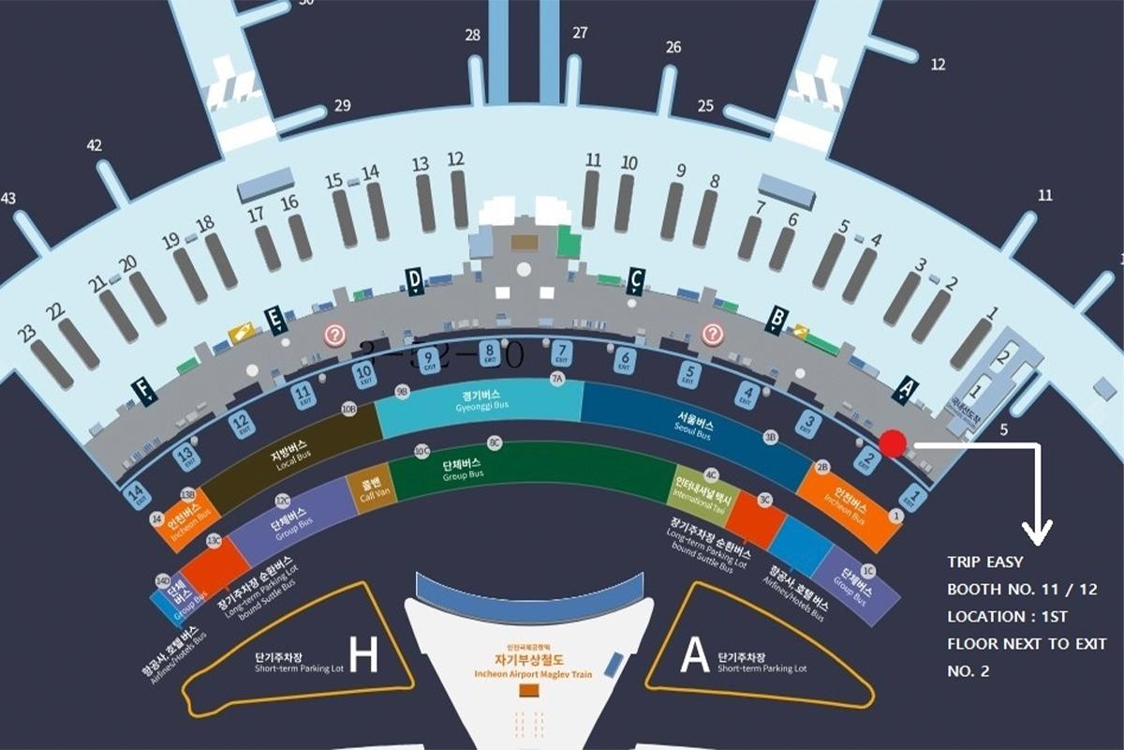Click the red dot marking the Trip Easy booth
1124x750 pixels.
894,443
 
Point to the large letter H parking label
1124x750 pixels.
363,655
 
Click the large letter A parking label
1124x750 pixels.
695,655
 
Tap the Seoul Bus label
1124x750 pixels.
692,427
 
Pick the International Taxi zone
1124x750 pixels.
702,491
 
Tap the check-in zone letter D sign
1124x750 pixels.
414,279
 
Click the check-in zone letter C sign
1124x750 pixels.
635,279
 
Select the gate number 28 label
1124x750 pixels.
473,36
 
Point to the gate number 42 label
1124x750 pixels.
94,146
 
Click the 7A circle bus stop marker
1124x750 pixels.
557,379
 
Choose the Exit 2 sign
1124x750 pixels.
870,459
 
